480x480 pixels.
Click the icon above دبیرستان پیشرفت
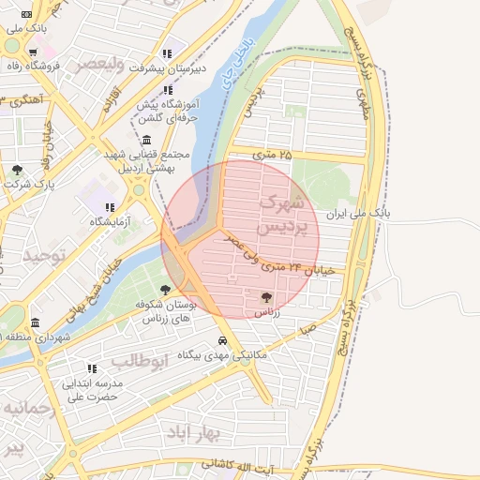pyautogui.click(x=167, y=53)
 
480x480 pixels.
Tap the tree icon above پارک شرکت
pyautogui.click(x=17, y=170)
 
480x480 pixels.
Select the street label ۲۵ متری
pyautogui.click(x=273, y=153)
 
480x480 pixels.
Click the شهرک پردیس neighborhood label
pyautogui.click(x=281, y=214)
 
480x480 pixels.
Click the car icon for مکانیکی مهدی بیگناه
pyautogui.click(x=222, y=341)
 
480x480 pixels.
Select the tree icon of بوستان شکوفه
pyautogui.click(x=166, y=290)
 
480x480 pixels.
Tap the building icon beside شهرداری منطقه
pyautogui.click(x=35, y=322)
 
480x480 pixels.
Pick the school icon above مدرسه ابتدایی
pyautogui.click(x=92, y=368)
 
